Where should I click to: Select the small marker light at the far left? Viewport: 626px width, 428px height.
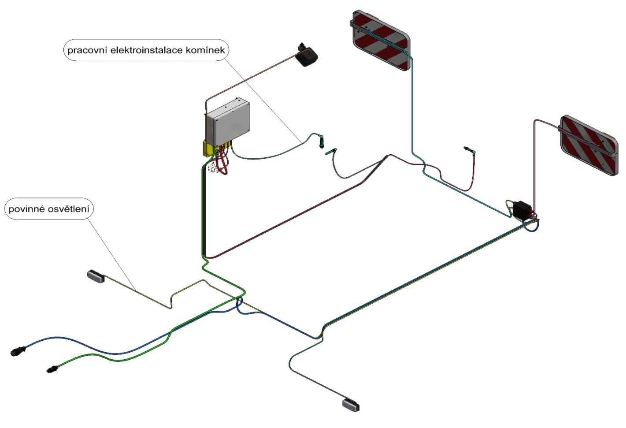[96, 276]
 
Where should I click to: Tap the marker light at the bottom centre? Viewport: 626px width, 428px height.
[351, 404]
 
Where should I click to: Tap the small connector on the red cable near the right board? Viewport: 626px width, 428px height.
[470, 150]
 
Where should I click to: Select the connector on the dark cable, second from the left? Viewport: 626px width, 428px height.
[331, 153]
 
